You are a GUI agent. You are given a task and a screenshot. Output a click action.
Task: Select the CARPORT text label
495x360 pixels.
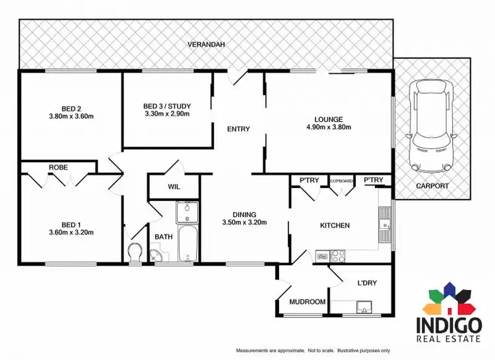click(x=432, y=186)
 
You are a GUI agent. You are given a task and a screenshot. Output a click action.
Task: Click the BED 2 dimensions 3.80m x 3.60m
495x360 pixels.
click(x=71, y=117)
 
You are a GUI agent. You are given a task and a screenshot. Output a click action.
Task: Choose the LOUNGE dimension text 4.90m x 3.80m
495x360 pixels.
click(x=328, y=127)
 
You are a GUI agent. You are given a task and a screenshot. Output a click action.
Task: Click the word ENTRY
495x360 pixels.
click(x=238, y=129)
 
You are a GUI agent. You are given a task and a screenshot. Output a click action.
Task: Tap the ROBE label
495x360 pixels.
click(x=58, y=167)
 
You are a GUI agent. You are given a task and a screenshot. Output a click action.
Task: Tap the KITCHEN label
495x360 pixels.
click(x=335, y=225)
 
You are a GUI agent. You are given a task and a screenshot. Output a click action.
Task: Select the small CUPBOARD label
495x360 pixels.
click(x=341, y=180)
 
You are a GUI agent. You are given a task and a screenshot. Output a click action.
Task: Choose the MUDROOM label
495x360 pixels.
click(x=308, y=302)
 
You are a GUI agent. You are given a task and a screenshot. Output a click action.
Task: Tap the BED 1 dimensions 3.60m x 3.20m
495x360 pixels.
click(x=71, y=232)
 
